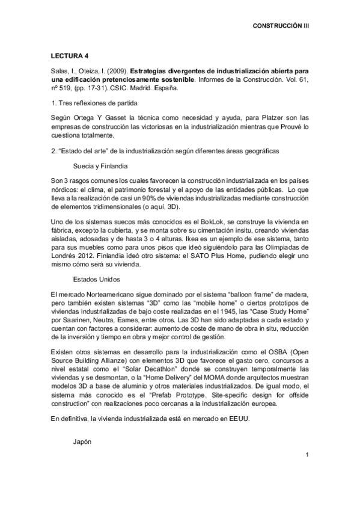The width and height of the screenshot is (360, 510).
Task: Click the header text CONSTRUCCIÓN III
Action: coord(281,26)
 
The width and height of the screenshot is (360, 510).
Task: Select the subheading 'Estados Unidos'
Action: coord(97,279)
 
